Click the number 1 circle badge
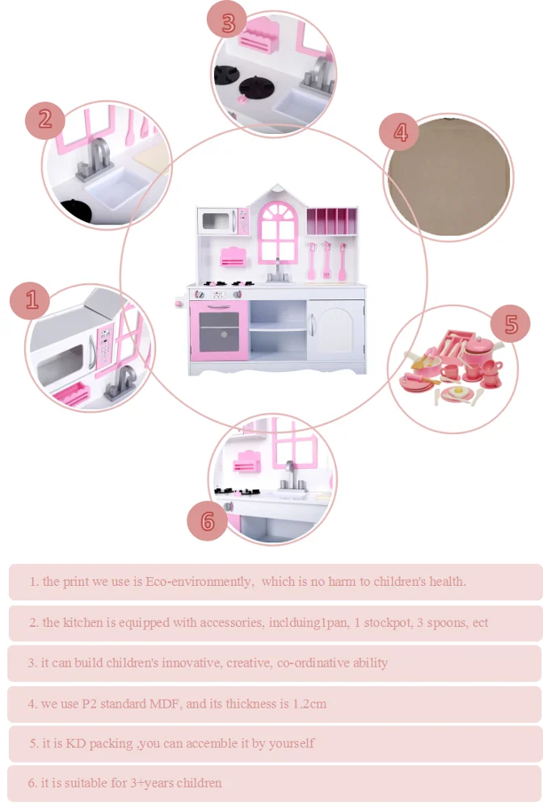pos(30,300)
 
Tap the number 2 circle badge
pos(45,120)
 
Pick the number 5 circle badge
pos(510,324)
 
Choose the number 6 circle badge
pos(207,521)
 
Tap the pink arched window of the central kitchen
pos(278,232)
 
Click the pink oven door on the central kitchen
pos(220,330)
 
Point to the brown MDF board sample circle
pos(448,177)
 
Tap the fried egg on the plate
pos(457,393)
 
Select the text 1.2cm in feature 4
pos(309,704)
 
